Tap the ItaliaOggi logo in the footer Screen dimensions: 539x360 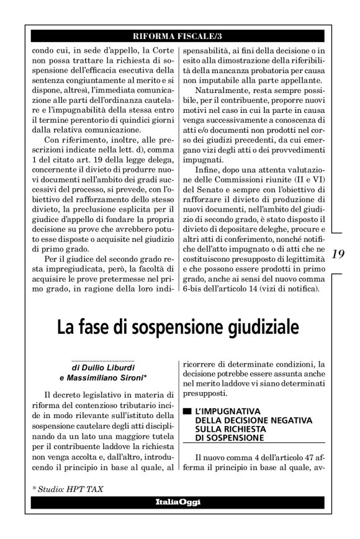tap(178, 501)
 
